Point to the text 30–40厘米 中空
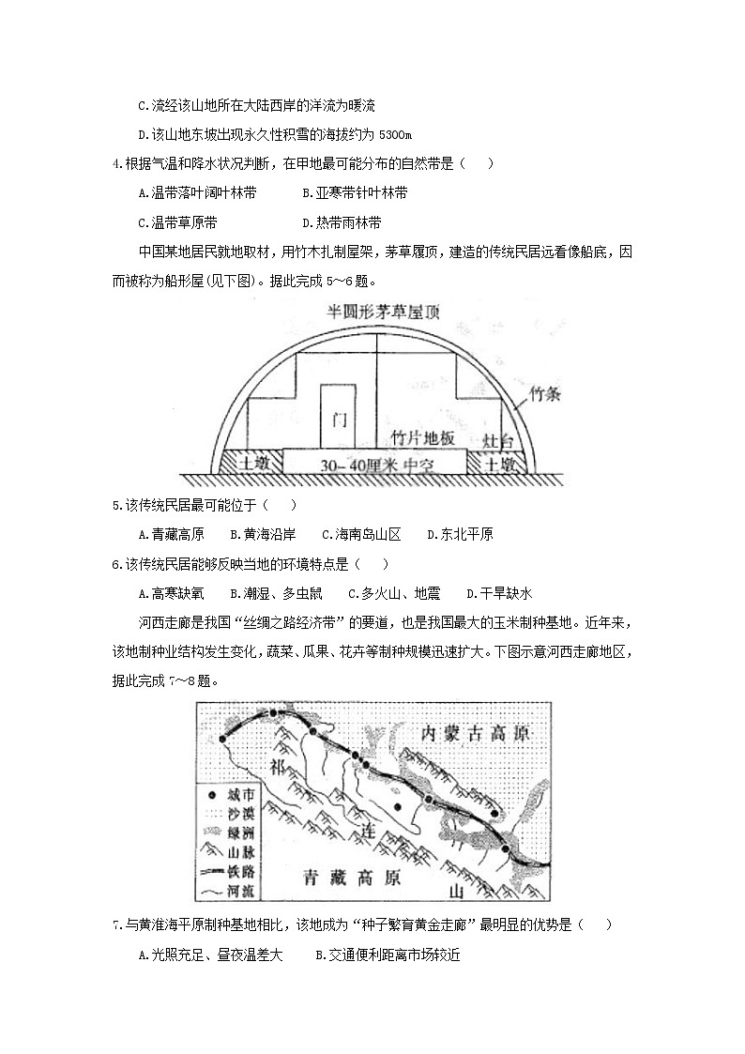click(372, 464)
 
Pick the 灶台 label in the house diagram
click(497, 440)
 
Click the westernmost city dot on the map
click(222, 740)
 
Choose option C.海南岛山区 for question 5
click(361, 535)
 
